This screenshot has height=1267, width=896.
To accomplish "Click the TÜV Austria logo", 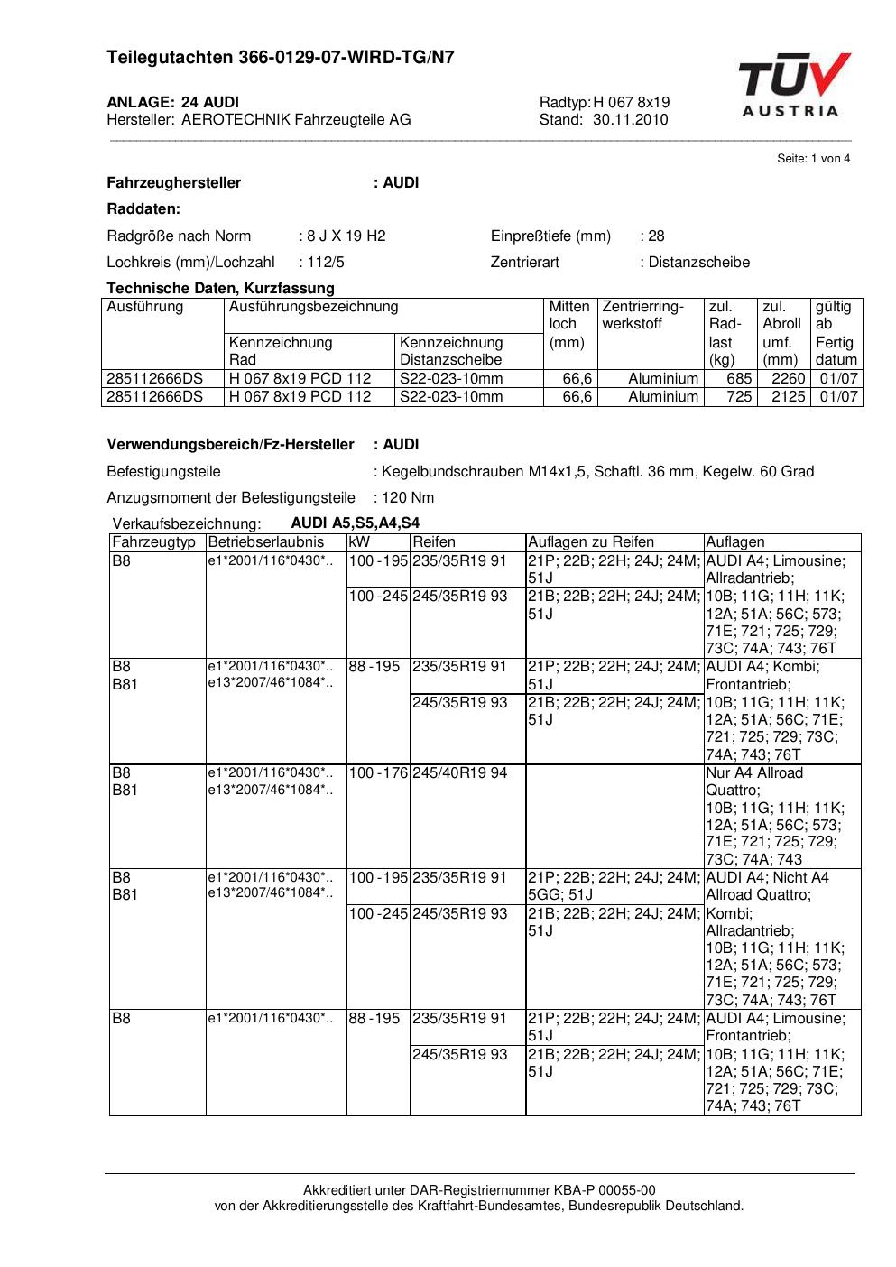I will click(x=793, y=85).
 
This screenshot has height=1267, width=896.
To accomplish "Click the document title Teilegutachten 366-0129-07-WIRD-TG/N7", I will click(x=281, y=58).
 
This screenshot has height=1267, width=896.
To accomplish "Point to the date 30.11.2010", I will click(x=630, y=119).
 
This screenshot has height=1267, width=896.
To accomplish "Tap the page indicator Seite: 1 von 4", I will click(x=813, y=159).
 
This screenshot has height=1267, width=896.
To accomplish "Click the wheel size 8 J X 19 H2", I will click(x=346, y=236).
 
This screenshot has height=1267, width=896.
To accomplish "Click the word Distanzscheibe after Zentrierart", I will click(x=699, y=263).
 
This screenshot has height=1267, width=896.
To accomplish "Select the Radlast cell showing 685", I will click(x=739, y=379).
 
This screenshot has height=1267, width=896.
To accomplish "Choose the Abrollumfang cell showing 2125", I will click(x=788, y=397).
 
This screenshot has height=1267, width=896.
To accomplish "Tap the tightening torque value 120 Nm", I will click(x=408, y=498).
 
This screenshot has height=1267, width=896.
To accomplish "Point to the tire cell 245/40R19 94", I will click(x=459, y=773).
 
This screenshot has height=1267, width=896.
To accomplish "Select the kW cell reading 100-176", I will click(x=378, y=773).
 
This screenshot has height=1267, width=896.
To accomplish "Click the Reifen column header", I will click(x=434, y=542).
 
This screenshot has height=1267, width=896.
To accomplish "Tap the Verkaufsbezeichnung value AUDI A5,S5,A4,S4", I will click(x=355, y=523).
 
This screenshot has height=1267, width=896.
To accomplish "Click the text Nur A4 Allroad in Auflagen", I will click(x=754, y=773).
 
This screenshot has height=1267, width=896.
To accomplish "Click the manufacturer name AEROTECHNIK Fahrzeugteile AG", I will click(x=296, y=119).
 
